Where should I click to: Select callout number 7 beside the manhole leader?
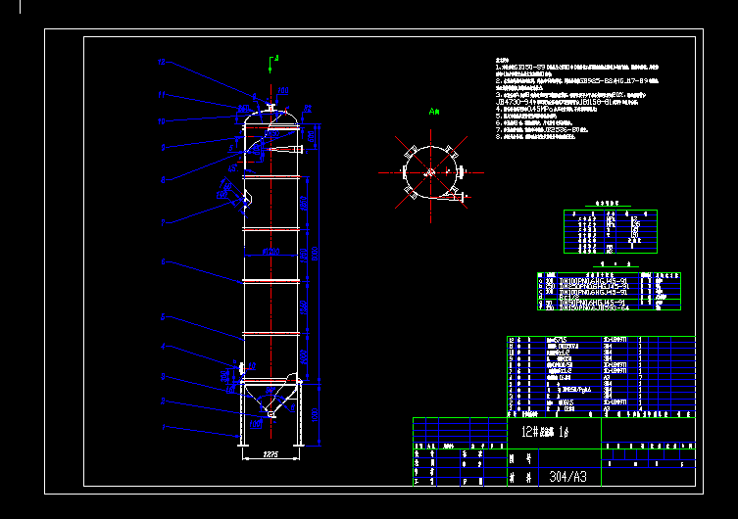coord(163,223)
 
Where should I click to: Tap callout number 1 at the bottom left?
coord(163,428)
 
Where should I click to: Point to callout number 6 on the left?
coord(163,262)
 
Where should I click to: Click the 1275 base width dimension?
coord(271,453)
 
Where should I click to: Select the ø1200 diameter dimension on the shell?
coord(271,253)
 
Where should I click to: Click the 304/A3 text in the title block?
coord(562,477)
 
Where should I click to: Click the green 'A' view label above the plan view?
coord(433,113)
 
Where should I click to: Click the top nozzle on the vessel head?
coord(270,104)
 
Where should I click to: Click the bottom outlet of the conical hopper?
coord(271,422)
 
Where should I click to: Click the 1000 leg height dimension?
coord(315,415)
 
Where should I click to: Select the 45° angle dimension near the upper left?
coord(235,148)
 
